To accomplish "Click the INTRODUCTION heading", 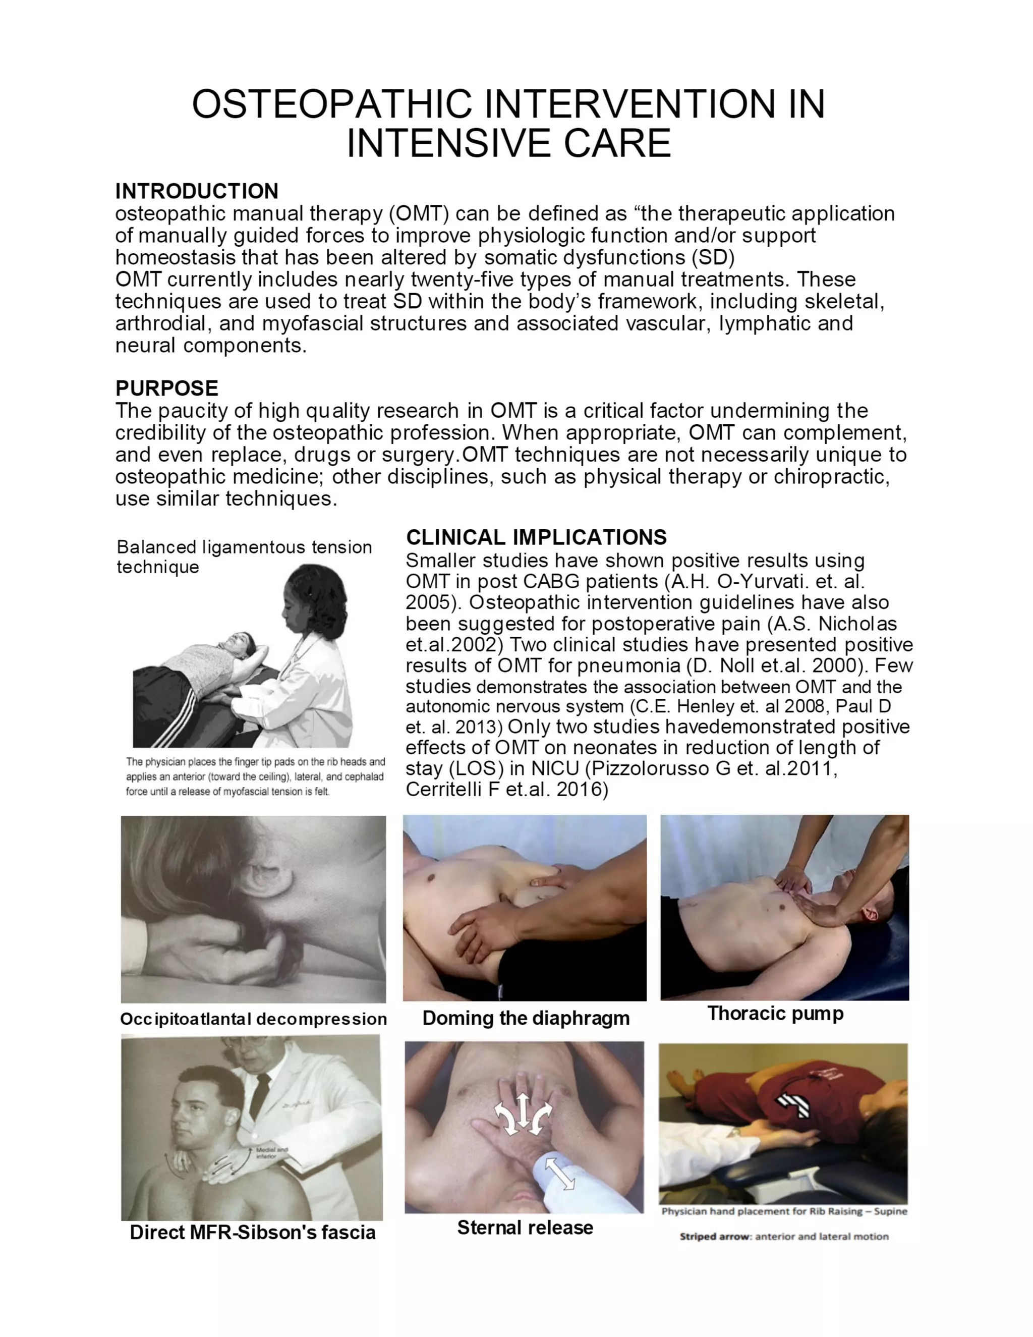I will (196, 191).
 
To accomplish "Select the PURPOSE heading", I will (166, 388).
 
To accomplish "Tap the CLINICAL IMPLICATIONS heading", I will (536, 537).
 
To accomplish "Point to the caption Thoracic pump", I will (775, 1013).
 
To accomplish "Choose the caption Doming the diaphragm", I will (526, 1018).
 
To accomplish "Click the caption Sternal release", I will (525, 1228).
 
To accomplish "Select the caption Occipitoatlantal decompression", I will (253, 1019).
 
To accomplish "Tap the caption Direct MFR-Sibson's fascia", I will (253, 1232).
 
